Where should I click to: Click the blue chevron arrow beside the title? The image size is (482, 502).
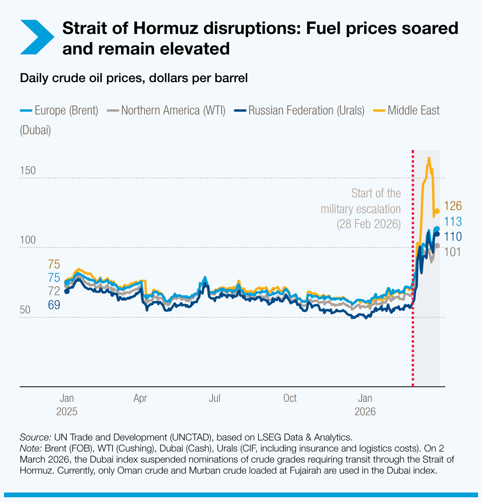click(36, 37)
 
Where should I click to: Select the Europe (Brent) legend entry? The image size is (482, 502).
click(59, 110)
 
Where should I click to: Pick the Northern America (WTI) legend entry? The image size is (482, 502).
click(166, 110)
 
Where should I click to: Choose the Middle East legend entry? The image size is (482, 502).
click(407, 110)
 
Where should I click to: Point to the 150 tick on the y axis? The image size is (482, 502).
click(28, 171)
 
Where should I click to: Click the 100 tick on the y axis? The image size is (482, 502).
click(28, 240)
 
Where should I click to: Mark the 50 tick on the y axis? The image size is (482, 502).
click(25, 310)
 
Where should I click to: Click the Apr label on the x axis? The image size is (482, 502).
click(140, 398)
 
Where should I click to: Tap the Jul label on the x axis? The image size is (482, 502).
click(215, 398)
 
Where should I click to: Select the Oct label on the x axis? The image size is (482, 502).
click(290, 398)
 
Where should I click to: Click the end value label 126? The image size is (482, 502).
click(453, 206)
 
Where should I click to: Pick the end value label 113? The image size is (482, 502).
click(453, 221)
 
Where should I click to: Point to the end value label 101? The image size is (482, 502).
click(453, 252)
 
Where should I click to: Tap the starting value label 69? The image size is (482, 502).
click(54, 305)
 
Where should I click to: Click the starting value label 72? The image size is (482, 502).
click(54, 291)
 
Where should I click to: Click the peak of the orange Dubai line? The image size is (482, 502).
click(429, 158)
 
